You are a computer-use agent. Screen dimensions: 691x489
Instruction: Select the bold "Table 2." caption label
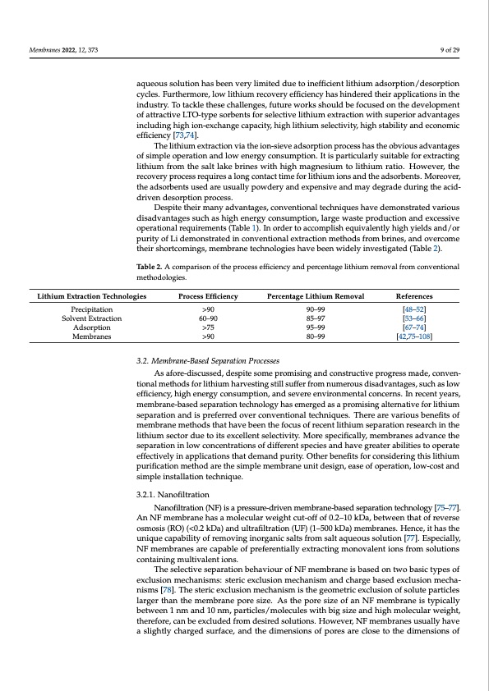click(151, 268)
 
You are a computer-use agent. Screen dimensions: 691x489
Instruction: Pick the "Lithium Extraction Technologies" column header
click(86, 295)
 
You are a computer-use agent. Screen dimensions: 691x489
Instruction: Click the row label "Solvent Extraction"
click(86, 318)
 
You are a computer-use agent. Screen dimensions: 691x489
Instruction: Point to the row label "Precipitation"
click(86, 309)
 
